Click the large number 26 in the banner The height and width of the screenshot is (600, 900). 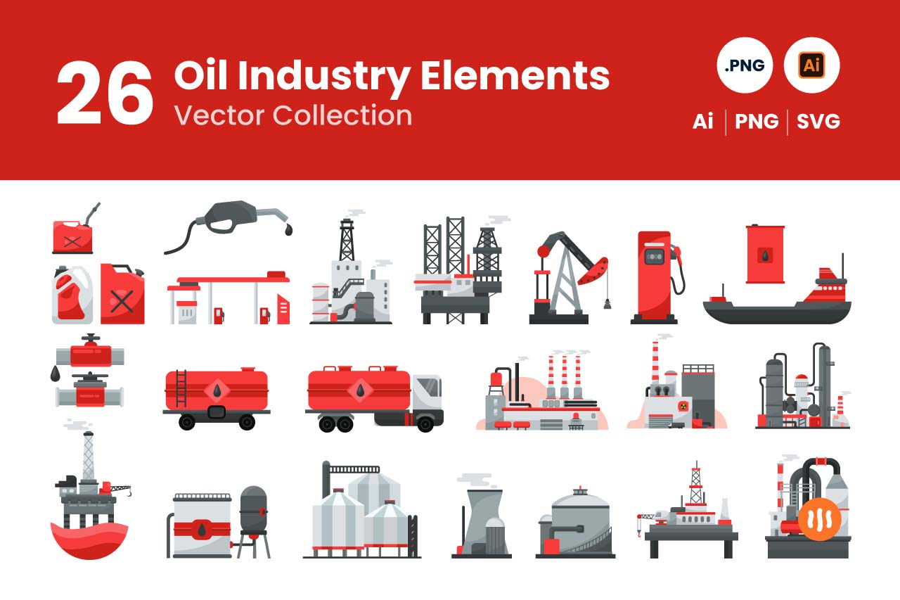tap(105, 93)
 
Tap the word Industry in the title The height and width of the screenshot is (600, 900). tap(324, 77)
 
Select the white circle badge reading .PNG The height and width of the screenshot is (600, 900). tap(745, 65)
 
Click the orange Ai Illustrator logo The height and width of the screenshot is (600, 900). tap(811, 65)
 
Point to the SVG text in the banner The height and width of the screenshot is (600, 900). tap(818, 122)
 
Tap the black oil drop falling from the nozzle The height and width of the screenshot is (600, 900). tap(288, 229)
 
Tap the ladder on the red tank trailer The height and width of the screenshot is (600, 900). tap(181, 388)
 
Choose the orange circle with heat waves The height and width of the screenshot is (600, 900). tap(819, 519)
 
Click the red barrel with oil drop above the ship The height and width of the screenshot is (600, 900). tap(765, 254)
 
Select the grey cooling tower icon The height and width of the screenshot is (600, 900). tap(482, 523)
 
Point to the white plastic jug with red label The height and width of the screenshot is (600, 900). tap(72, 295)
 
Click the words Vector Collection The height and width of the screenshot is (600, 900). tap(293, 115)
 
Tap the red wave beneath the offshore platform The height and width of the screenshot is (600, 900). tap(89, 540)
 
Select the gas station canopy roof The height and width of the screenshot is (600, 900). tap(229, 280)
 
